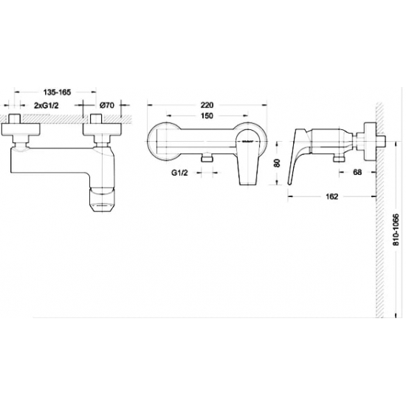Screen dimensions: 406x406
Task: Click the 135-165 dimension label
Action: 57,92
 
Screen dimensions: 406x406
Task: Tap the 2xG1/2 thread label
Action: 47,106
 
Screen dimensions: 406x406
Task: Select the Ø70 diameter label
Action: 107,106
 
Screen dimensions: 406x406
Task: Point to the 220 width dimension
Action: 207,105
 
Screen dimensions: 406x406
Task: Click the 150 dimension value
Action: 207,115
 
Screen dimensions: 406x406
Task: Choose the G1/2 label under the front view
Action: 179,173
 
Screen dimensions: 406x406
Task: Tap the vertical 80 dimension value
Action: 277,163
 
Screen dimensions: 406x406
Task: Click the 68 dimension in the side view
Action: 357,172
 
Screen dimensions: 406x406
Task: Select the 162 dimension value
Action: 332,196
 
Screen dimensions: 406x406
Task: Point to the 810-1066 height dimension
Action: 396,230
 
